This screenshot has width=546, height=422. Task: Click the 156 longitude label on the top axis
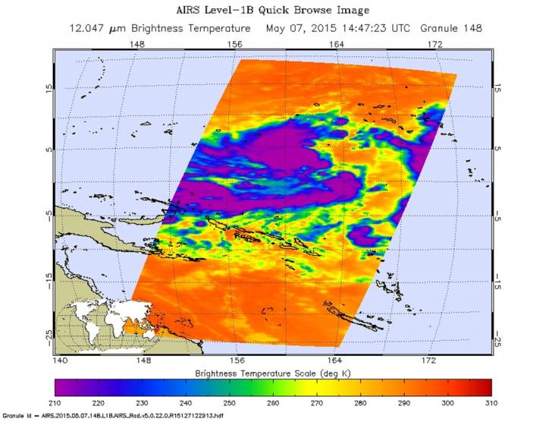[x=237, y=46]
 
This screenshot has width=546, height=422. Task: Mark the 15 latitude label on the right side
[x=496, y=89]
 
